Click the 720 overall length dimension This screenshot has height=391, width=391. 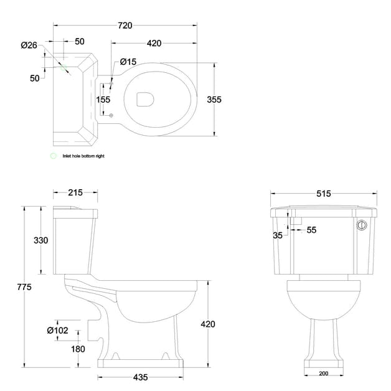pyautogui.click(x=125, y=26)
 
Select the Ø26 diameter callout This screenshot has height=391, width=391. pyautogui.click(x=29, y=45)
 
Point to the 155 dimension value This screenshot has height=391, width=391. pyautogui.click(x=103, y=99)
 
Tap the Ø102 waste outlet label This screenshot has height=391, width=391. pyautogui.click(x=57, y=331)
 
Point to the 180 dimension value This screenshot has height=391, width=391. pyautogui.click(x=78, y=349)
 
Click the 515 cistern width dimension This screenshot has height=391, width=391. pyautogui.click(x=323, y=194)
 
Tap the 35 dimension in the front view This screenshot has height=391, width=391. pyautogui.click(x=277, y=235)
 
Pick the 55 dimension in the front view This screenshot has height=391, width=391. pyautogui.click(x=311, y=230)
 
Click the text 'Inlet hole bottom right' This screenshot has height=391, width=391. pyautogui.click(x=83, y=156)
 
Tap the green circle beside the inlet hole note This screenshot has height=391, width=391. pyautogui.click(x=54, y=156)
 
